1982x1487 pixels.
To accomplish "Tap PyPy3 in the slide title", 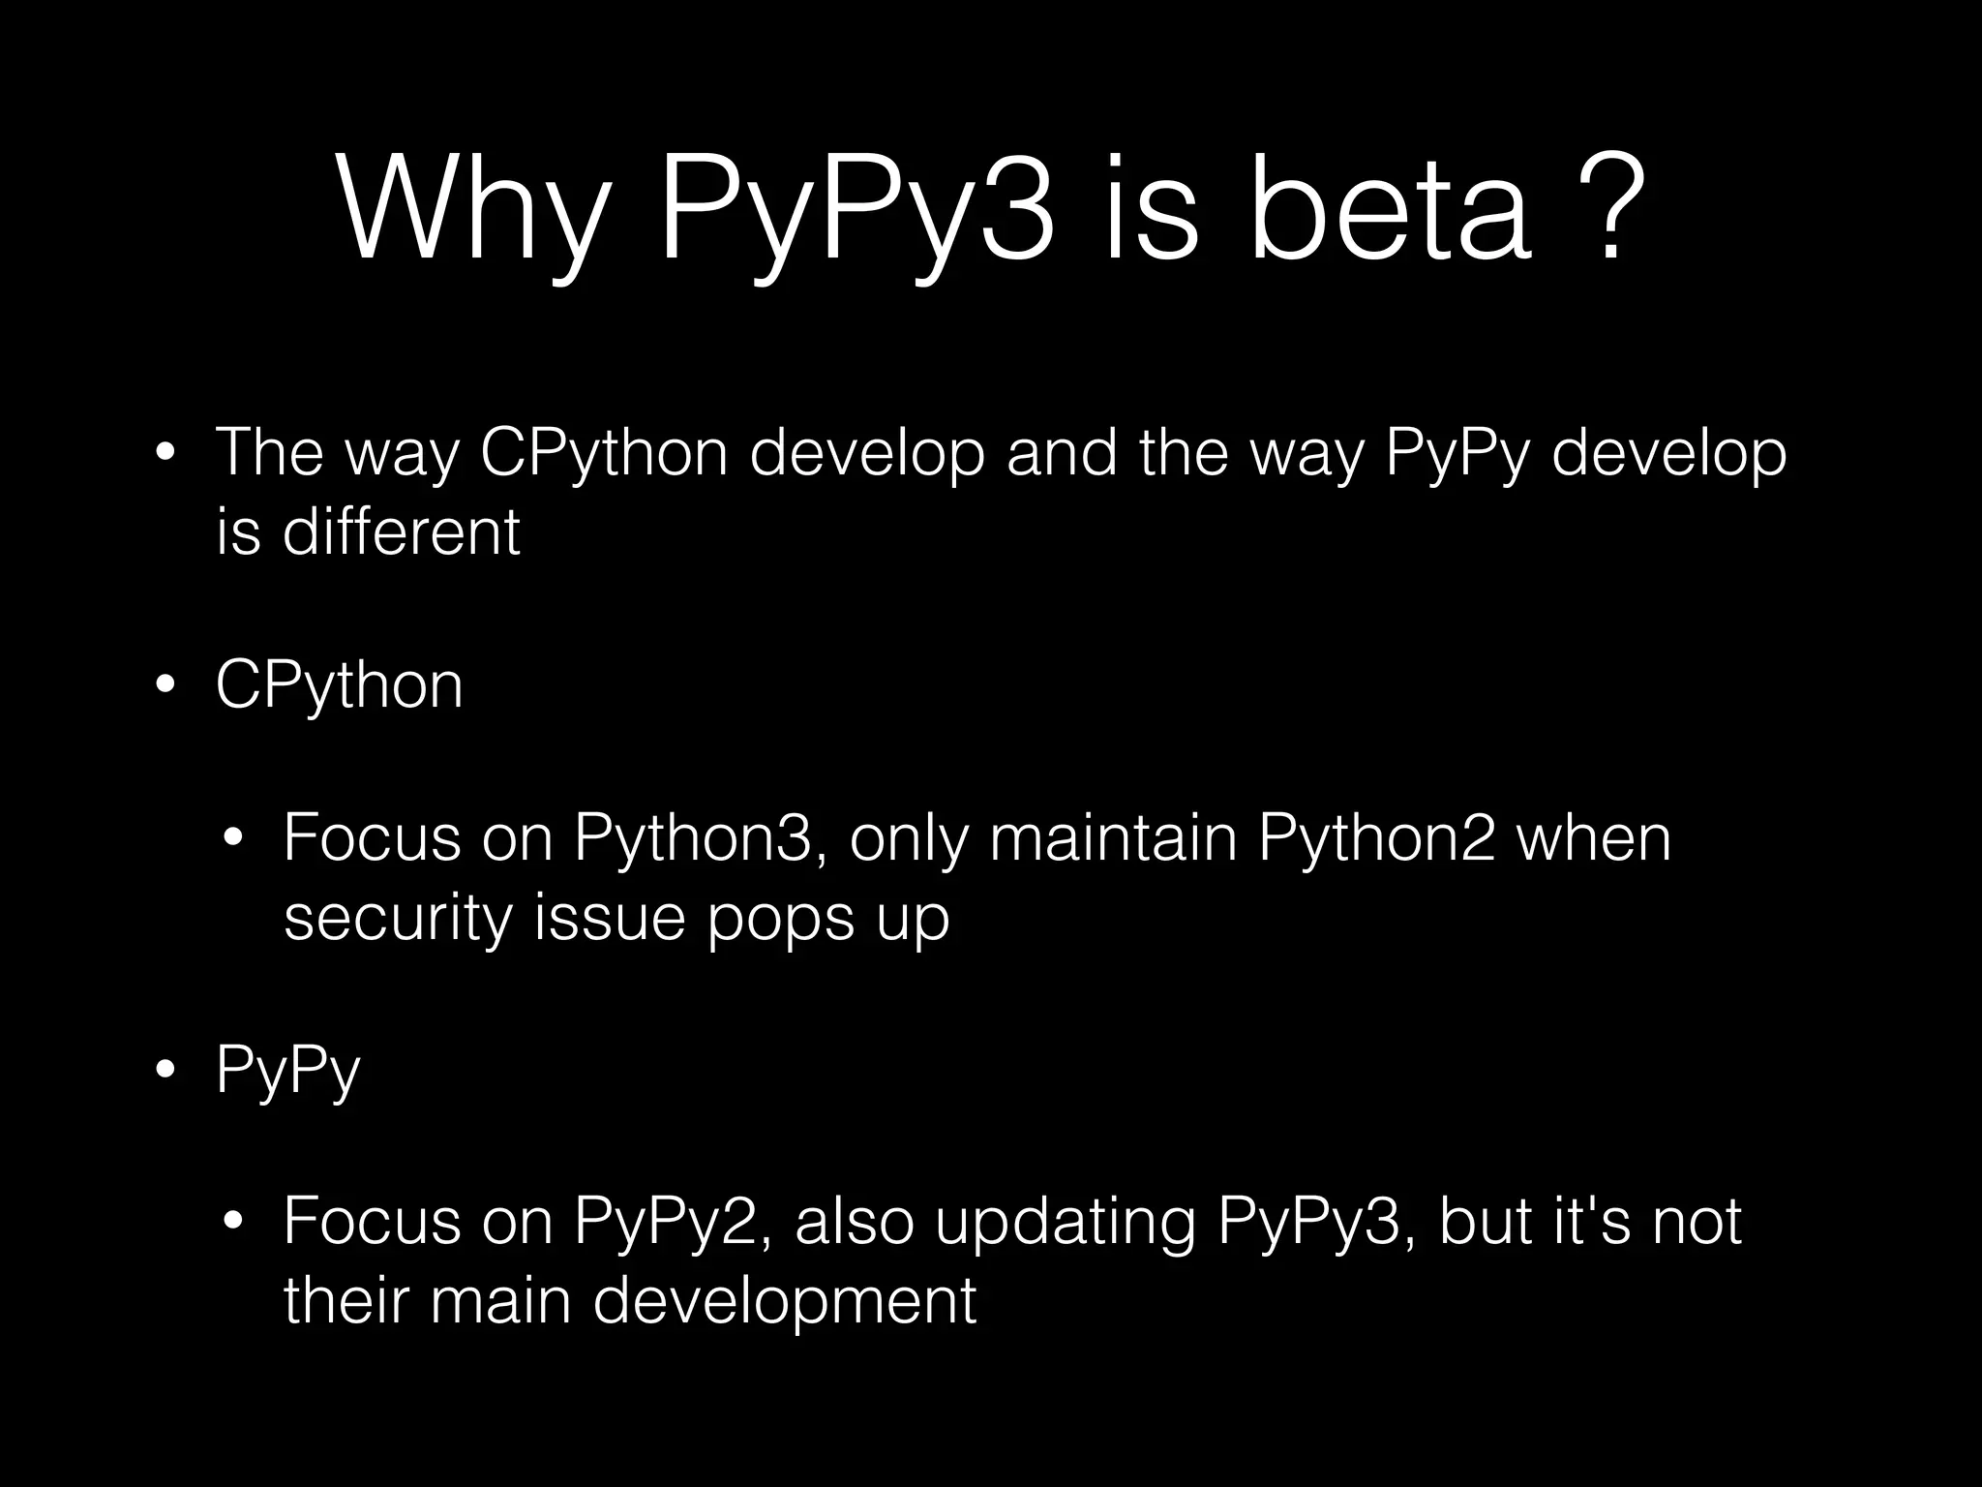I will click(856, 209).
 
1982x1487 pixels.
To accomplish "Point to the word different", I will click(401, 532).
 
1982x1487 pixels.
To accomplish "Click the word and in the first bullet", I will click(1062, 453).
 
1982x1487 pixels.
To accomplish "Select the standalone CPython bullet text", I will click(340, 685).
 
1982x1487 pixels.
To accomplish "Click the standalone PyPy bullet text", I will click(288, 1071).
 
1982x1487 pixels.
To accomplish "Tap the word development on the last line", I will click(784, 1301).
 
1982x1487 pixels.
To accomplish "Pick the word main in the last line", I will click(500, 1301).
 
